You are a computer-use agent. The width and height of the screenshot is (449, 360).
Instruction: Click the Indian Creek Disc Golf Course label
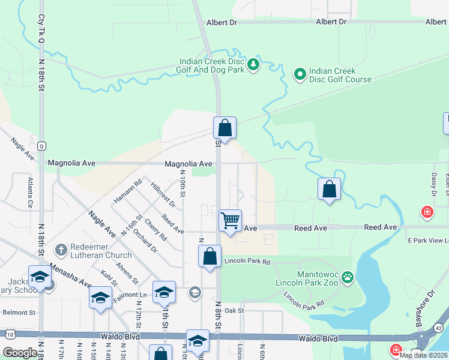click(x=340, y=75)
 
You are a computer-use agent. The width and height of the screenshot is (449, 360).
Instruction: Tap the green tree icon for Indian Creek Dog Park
click(x=253, y=64)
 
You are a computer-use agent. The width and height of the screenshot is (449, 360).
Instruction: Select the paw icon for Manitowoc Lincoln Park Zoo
click(x=348, y=277)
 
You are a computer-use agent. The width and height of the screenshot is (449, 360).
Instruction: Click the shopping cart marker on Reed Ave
click(x=230, y=221)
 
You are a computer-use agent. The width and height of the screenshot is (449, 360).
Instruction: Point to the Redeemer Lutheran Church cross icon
click(x=60, y=249)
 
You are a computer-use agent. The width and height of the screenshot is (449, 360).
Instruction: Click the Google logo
click(x=20, y=353)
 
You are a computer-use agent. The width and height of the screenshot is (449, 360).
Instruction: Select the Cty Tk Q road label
click(x=42, y=36)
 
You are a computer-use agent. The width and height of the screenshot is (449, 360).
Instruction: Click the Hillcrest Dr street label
click(x=163, y=194)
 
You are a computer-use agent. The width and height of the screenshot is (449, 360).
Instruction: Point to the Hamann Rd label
click(x=128, y=190)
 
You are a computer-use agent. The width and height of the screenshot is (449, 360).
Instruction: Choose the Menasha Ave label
click(x=70, y=275)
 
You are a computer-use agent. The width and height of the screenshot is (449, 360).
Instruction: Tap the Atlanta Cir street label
click(x=29, y=192)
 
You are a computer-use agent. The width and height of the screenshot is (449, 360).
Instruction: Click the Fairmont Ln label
click(x=130, y=295)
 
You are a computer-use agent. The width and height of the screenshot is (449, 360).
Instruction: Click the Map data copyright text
click(x=424, y=355)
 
